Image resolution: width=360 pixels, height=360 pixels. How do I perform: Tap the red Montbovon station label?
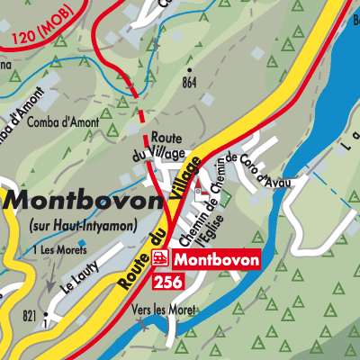point(216,259)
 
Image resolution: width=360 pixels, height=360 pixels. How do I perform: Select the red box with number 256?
point(171,282)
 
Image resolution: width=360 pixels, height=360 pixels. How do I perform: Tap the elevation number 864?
point(188,83)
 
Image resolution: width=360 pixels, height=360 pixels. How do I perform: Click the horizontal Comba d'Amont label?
point(61,121)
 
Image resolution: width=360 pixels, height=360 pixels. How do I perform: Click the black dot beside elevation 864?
point(190,69)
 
